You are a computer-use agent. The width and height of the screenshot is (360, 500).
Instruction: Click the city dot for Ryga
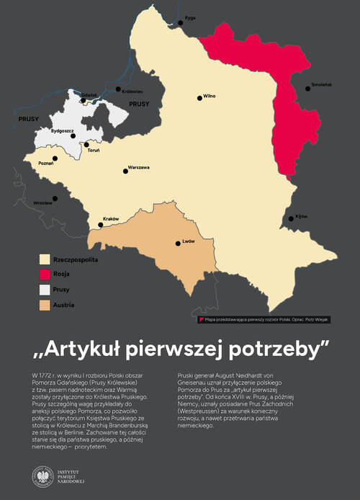point(181,23)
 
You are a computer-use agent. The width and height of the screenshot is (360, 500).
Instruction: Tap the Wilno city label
point(209,95)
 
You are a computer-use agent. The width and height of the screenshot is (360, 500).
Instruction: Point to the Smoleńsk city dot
point(308,89)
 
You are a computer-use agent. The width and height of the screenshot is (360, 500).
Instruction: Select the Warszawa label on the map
point(138,167)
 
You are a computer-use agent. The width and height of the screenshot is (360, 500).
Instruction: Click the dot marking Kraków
point(101,225)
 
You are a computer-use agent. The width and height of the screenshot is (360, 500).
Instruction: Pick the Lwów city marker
point(178,244)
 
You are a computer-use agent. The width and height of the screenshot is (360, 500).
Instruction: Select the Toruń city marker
point(86,144)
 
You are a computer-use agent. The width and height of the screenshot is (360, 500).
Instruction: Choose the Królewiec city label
point(132,91)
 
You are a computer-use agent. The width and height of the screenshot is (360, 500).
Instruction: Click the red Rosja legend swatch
point(45,274)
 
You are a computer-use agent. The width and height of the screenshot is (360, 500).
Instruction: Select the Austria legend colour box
point(45,305)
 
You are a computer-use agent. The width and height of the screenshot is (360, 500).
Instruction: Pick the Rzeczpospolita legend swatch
point(45,258)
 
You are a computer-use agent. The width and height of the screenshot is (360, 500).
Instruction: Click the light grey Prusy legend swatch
point(45,290)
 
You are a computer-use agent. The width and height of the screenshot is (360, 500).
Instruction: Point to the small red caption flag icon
point(201,318)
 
